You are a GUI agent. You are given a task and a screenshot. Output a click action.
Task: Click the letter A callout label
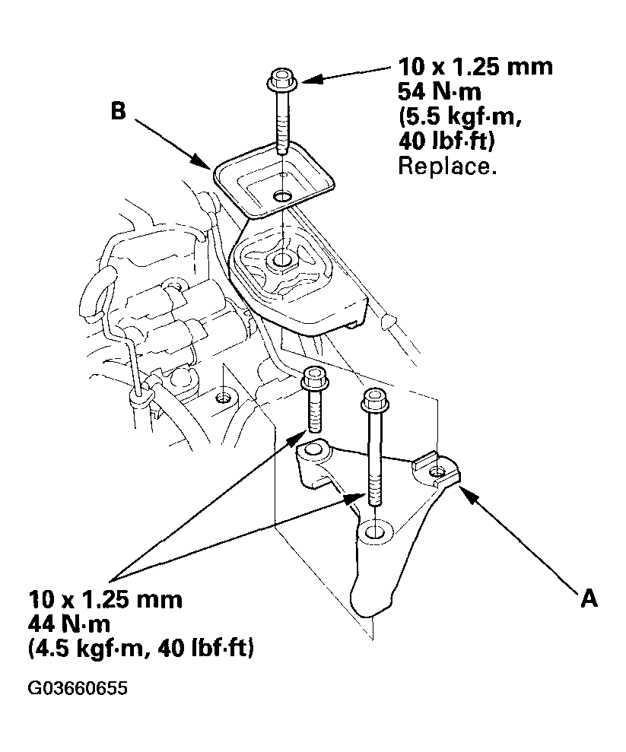coord(588,600)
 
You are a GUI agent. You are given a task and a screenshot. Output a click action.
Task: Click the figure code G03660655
coord(78,689)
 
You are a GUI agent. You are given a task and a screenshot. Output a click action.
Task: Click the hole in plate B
coord(282,197)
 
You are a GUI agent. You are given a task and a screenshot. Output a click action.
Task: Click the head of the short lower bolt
coord(315,376)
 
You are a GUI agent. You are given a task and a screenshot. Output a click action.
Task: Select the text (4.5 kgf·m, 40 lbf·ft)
coord(141,649)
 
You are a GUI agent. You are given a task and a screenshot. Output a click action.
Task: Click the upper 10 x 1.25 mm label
coord(475,68)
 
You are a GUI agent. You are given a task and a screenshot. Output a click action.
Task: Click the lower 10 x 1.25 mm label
coord(106,599)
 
